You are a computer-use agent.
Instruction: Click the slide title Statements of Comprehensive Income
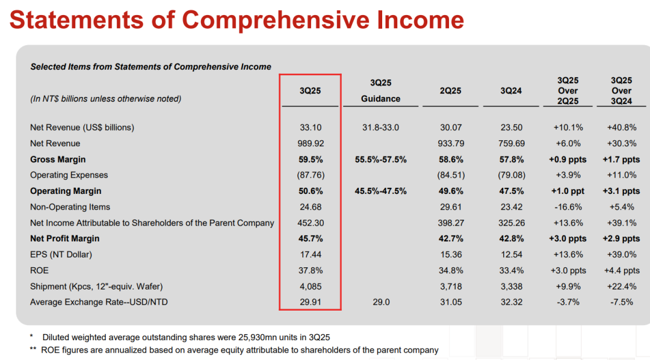click(x=237, y=20)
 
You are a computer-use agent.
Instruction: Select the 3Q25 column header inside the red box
click(x=310, y=91)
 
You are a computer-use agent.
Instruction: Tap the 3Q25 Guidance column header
click(x=380, y=90)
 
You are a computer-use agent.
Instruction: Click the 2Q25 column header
click(x=450, y=91)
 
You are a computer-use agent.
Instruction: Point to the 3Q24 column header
click(x=511, y=91)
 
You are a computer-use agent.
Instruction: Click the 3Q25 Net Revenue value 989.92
click(x=310, y=143)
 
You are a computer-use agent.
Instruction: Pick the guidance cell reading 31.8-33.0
click(x=380, y=128)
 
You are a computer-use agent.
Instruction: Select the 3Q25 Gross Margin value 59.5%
click(x=310, y=160)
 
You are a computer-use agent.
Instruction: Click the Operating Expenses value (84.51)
click(x=450, y=175)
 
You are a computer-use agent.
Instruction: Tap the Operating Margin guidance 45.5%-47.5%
click(x=380, y=191)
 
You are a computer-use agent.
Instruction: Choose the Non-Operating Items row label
click(x=70, y=206)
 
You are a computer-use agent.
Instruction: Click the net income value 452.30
click(x=310, y=223)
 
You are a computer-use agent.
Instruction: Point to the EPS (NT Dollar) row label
click(x=61, y=255)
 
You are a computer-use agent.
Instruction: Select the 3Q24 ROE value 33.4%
click(x=511, y=270)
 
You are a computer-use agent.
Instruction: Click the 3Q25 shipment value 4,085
click(x=310, y=286)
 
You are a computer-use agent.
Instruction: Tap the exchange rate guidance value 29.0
click(x=380, y=302)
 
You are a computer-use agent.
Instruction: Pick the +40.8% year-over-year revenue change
click(x=621, y=128)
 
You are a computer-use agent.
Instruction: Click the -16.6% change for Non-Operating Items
click(x=567, y=206)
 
